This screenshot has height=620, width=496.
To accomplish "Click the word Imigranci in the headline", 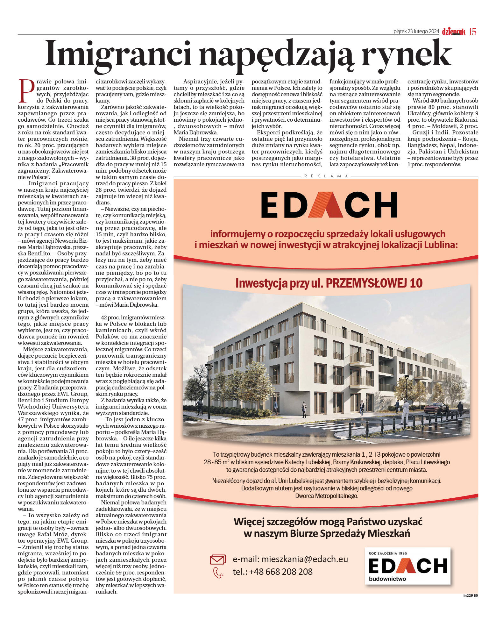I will click(118, 53).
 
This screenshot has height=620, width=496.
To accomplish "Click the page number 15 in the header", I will click(473, 32).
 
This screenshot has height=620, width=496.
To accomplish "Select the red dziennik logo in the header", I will click(453, 32).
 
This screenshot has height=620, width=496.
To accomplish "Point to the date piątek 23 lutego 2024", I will click(416, 32).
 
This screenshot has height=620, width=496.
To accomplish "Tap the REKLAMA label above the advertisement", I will click(326, 176).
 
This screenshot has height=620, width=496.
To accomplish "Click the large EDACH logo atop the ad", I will click(329, 205).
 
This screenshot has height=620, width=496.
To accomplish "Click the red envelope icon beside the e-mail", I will click(217, 559).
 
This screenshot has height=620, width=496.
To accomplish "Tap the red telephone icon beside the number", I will click(218, 573).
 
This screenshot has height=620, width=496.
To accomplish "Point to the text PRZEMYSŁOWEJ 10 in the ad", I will click(374, 283).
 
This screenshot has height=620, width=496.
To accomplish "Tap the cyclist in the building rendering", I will click(199, 408).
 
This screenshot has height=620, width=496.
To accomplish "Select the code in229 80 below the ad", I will click(471, 595).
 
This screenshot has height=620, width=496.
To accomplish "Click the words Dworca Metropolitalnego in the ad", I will click(327, 496).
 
